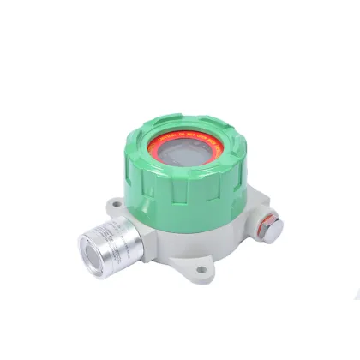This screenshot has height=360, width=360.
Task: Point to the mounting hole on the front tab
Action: pos(201,272)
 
